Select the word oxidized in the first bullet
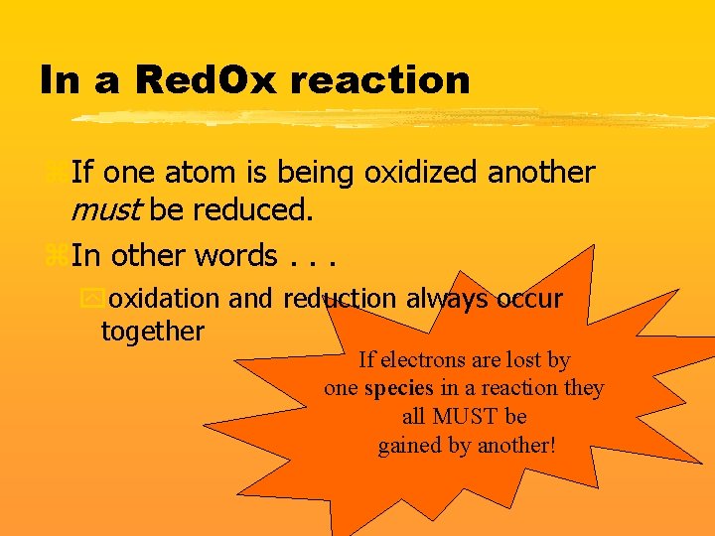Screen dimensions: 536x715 [x=422, y=173]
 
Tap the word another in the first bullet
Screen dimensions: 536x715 [x=541, y=173]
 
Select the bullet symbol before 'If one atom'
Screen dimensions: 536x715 [x=56, y=173]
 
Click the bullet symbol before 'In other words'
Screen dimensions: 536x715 [x=56, y=255]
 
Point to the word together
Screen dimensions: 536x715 [x=152, y=331]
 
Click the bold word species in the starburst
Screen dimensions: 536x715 [x=398, y=388]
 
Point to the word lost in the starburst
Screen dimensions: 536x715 [x=523, y=359]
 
